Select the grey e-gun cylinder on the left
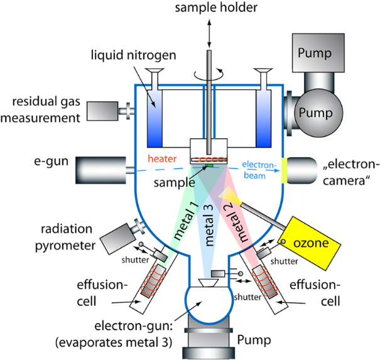click(100, 168)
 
